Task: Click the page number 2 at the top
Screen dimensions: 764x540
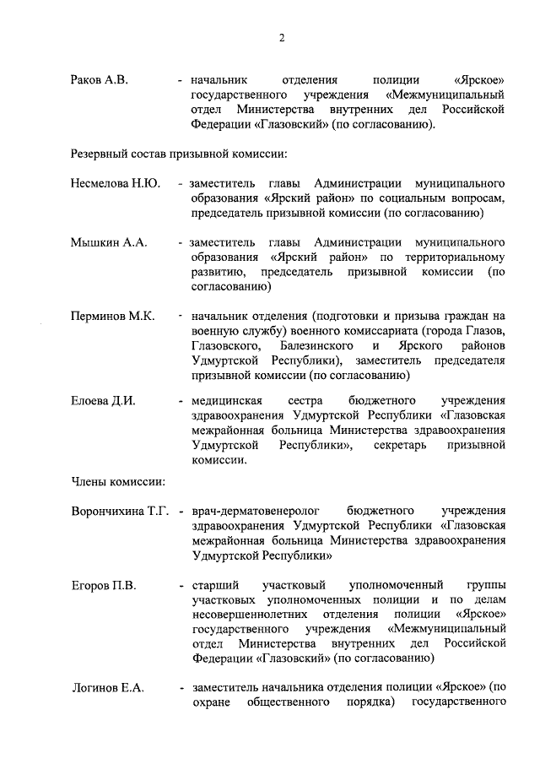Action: tap(283, 38)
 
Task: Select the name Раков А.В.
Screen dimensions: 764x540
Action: tap(98, 80)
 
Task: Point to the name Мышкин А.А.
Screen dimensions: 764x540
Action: tap(109, 242)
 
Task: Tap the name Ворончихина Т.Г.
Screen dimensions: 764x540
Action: tap(121, 512)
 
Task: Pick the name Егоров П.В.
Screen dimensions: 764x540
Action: tap(103, 585)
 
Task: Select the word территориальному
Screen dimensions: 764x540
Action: tap(455, 257)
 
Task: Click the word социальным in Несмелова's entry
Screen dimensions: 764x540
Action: tap(406, 198)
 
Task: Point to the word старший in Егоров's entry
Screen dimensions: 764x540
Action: tap(215, 585)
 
